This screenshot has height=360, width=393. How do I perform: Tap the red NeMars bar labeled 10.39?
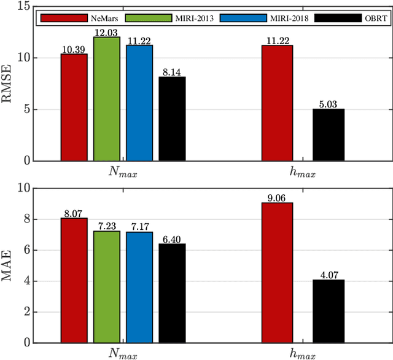(74, 108)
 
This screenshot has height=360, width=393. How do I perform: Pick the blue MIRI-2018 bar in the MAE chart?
(139, 288)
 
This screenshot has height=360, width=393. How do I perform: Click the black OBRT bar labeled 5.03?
(329, 135)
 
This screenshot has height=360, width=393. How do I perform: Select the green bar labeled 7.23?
(107, 287)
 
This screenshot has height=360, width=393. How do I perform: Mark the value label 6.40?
(172, 239)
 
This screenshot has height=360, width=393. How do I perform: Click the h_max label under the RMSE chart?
(303, 174)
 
